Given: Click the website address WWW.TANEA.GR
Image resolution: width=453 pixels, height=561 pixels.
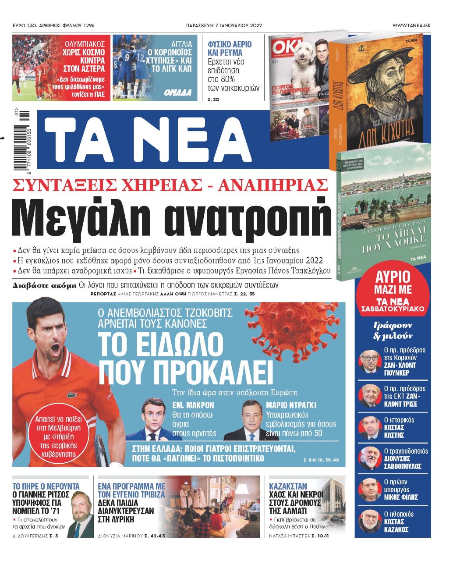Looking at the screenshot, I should coord(411,25).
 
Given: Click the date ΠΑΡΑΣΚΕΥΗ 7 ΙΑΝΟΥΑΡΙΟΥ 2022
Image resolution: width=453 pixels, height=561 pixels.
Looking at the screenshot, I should coord(224,25).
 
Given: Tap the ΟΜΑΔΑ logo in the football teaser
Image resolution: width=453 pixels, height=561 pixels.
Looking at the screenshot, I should coord(178,92).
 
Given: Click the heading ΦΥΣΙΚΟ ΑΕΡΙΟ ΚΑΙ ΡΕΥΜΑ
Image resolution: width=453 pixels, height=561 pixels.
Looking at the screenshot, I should coord(230,48).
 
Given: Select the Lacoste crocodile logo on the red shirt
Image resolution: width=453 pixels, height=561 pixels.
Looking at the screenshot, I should coord(72,395).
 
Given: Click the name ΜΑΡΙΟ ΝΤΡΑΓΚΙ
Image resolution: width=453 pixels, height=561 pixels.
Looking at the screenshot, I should coord(291,405).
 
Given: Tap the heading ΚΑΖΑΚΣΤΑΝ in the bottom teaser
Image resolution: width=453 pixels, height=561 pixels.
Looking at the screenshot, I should coord(288,486).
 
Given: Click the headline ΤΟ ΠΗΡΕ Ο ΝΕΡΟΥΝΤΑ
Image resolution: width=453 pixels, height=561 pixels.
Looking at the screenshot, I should coord(46,486).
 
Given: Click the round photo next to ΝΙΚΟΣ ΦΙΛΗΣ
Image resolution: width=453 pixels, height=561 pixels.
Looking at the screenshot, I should coord(369,490).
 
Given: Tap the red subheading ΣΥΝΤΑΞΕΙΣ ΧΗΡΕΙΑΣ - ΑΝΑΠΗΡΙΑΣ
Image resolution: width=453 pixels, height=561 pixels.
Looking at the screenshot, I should coord(171,185).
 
